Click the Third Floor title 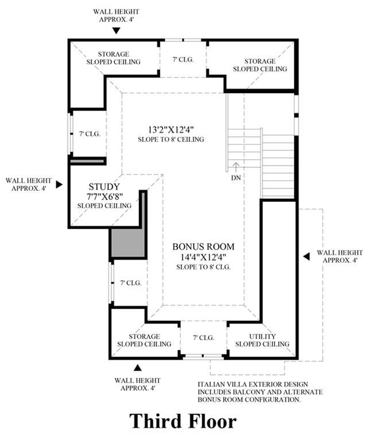pyautogui.click(x=183, y=421)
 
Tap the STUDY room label pyautogui.click(x=104, y=186)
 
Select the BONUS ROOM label pyautogui.click(x=203, y=247)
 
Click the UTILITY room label pyautogui.click(x=262, y=336)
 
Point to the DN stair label pyautogui.click(x=236, y=178)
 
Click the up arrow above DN pyautogui.click(x=235, y=167)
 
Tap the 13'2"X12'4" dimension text pyautogui.click(x=171, y=129)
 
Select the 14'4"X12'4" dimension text pyautogui.click(x=203, y=257)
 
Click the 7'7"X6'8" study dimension pyautogui.click(x=105, y=196)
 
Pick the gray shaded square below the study pyautogui.click(x=128, y=243)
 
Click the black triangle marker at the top pyautogui.click(x=117, y=30)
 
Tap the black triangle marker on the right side pyautogui.click(x=307, y=256)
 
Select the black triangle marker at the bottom pyautogui.click(x=137, y=367)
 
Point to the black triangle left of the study pyautogui.click(x=59, y=185)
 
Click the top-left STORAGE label pyautogui.click(x=113, y=54)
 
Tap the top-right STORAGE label pyautogui.click(x=260, y=61)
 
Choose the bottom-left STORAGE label pyautogui.click(x=144, y=336)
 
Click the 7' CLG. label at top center pyautogui.click(x=183, y=59)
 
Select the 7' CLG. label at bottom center pyautogui.click(x=203, y=337)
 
